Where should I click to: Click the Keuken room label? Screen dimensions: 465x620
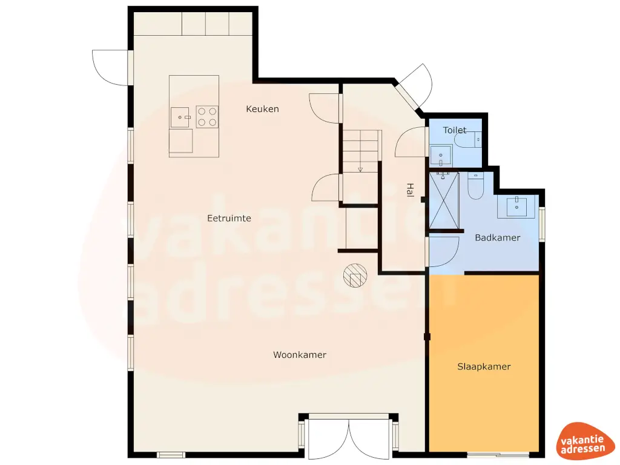[x=262, y=109]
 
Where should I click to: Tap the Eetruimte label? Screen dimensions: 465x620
[x=229, y=218]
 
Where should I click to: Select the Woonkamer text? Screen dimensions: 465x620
[x=299, y=355]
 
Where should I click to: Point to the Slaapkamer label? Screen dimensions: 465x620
[x=483, y=366]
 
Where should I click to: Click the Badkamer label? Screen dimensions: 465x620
[x=497, y=238]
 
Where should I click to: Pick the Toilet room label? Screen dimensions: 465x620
[x=454, y=130]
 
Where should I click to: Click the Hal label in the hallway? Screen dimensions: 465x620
[x=410, y=191]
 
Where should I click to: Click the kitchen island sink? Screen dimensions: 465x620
[x=181, y=116]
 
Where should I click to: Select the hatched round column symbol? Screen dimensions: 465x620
[x=355, y=276]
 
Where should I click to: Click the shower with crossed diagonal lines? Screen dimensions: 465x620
[x=444, y=202]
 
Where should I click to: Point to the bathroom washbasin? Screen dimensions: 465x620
[x=518, y=206]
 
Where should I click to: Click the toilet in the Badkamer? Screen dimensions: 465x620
[x=475, y=186]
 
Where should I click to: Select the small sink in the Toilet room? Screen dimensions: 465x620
[x=441, y=156]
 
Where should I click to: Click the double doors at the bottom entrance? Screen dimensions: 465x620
[x=349, y=437]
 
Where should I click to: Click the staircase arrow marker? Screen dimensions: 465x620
[x=360, y=170]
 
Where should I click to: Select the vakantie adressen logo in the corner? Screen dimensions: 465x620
[x=582, y=440]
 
